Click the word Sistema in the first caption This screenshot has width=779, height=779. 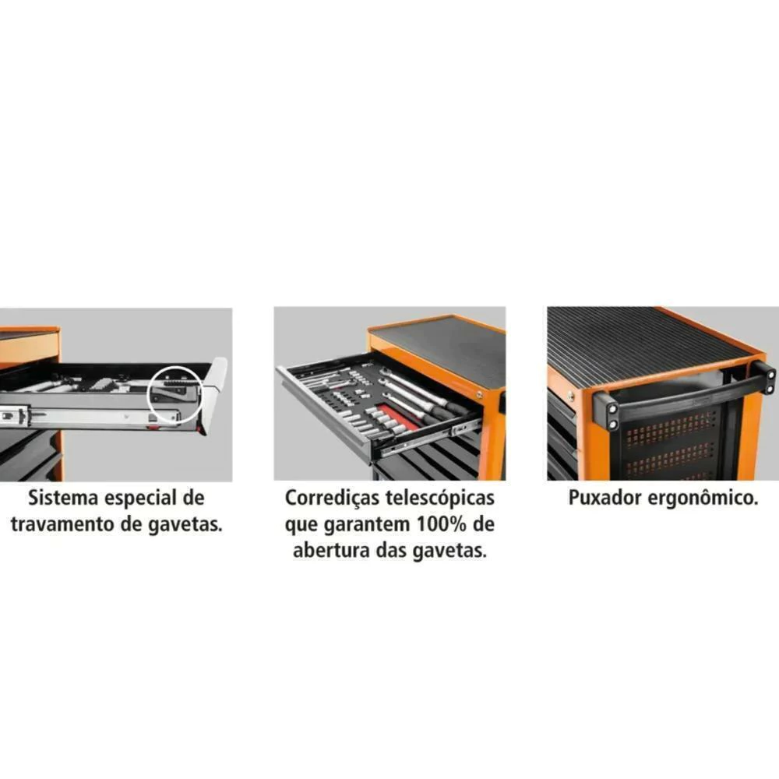point(62,498)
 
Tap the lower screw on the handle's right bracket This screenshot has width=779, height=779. point(770,389)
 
